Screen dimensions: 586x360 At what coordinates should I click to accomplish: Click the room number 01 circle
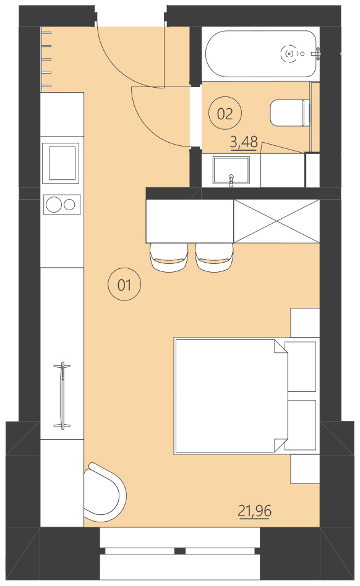click(124, 285)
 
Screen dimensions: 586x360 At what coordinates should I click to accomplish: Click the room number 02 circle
click(225, 113)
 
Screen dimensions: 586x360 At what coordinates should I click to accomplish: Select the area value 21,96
click(254, 511)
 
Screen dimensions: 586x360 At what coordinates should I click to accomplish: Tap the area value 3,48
click(244, 142)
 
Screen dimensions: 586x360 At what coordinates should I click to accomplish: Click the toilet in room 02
click(289, 113)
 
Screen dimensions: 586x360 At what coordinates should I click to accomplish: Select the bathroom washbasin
click(231, 171)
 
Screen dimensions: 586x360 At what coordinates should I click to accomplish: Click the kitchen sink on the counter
click(61, 162)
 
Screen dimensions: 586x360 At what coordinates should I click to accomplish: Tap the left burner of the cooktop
click(53, 203)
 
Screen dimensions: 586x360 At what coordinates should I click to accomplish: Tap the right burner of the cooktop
click(70, 203)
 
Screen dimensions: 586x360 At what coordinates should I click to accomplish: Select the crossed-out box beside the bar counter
click(276, 221)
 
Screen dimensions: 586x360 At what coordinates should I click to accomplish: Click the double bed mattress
click(226, 396)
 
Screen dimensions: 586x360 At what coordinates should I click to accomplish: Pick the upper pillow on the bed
click(302, 366)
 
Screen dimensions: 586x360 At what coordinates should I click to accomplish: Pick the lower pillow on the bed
click(302, 425)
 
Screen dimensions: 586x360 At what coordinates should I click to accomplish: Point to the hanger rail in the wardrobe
click(62, 396)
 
